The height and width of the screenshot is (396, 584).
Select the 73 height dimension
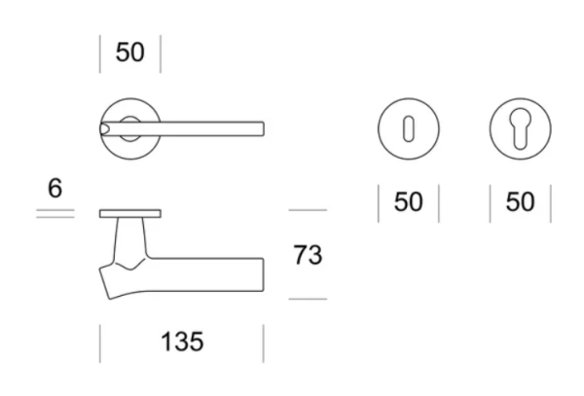coord(308,256)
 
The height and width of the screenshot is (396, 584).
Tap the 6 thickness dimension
coord(55,189)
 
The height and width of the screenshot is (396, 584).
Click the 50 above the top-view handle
coord(130,53)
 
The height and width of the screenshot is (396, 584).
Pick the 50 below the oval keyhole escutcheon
coord(409,202)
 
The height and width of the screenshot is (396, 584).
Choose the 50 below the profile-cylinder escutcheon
coord(521,202)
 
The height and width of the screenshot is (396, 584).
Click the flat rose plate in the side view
coord(131,212)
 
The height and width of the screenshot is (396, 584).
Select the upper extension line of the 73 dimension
coord(308,210)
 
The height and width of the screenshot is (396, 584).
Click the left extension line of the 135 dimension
coord(100,342)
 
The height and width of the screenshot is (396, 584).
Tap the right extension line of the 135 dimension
coord(263,342)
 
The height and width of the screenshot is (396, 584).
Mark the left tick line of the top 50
coord(100,54)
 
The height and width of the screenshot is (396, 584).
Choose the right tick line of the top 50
coord(161,54)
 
